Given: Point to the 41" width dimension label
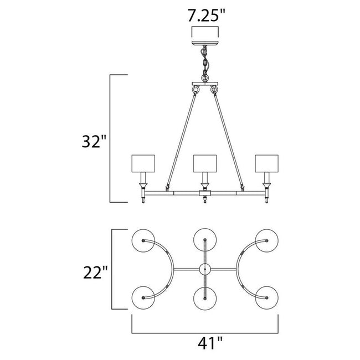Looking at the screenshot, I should point(205,343).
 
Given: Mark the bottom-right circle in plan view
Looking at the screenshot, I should point(266,300).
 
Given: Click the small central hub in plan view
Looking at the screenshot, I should point(205,270).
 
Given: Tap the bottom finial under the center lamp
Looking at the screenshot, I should point(205,201).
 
